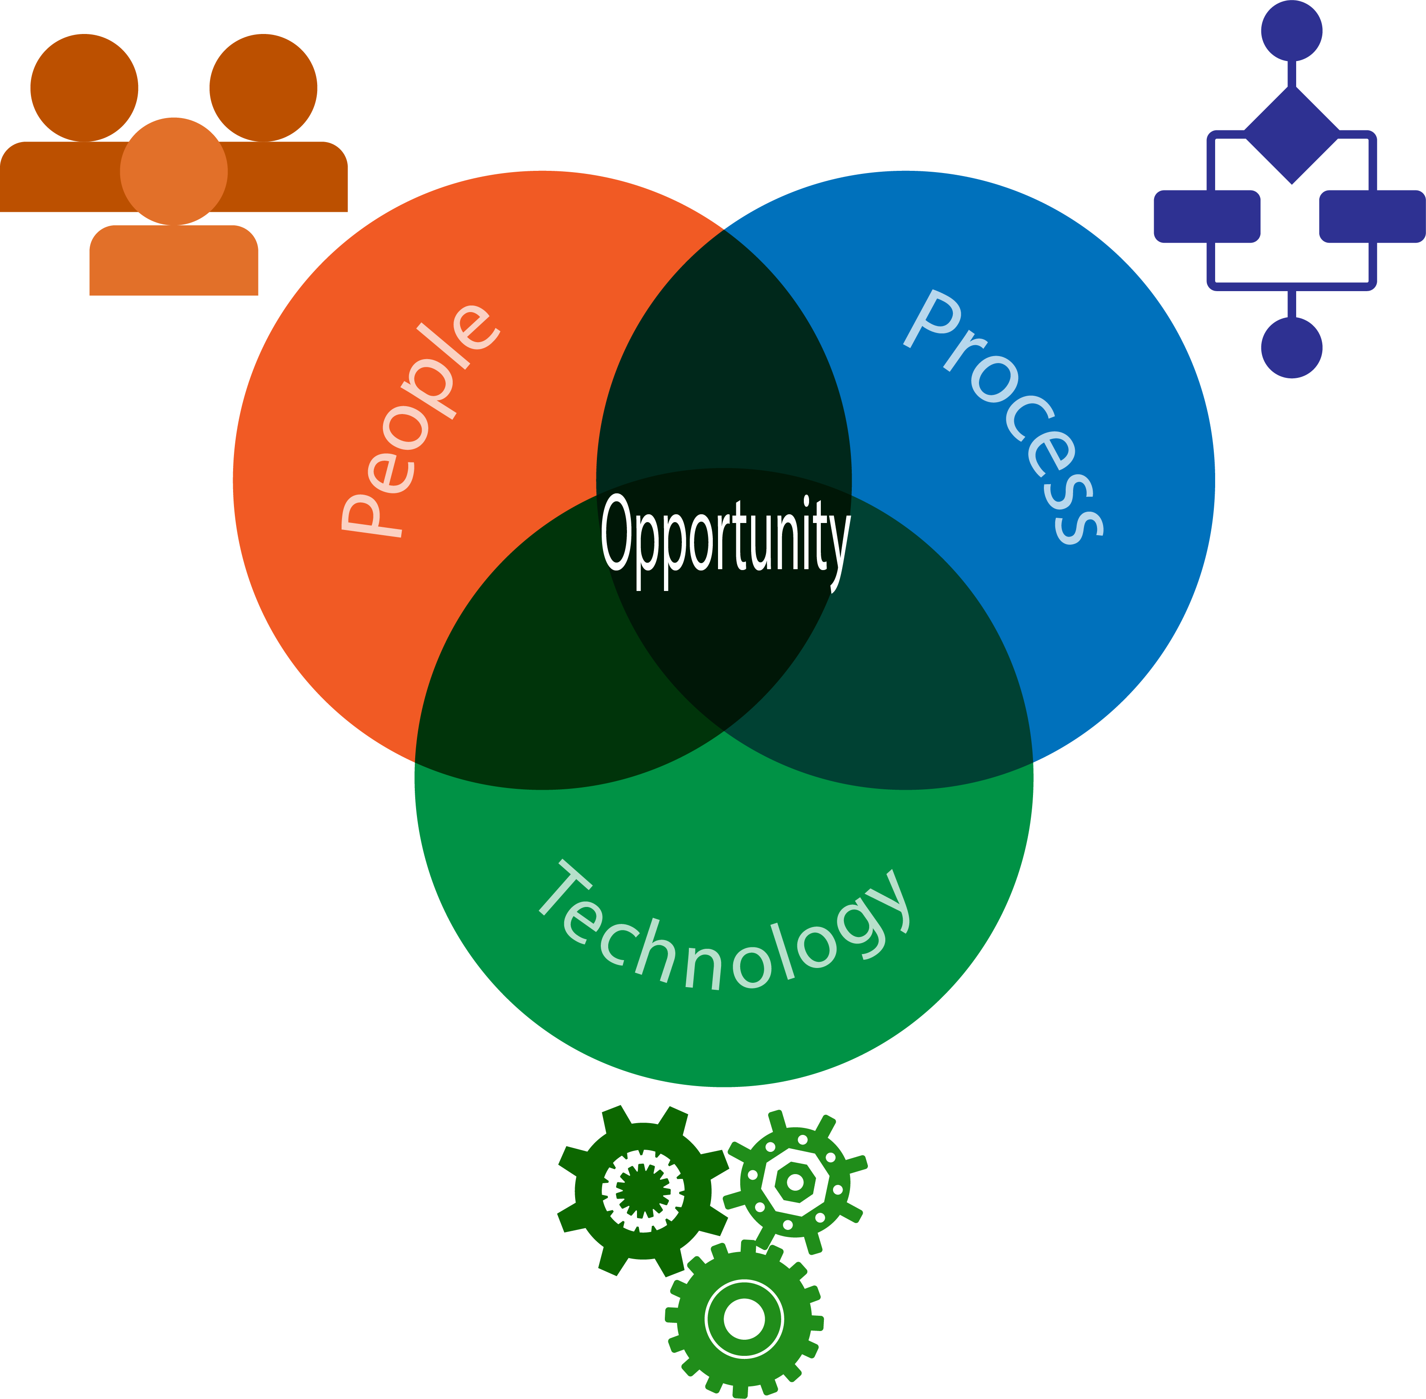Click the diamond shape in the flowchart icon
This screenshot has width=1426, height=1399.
1291,135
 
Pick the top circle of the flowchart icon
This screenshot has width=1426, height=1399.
1291,31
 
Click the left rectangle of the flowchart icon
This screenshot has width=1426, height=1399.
1207,216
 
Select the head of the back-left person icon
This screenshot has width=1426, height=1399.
84,87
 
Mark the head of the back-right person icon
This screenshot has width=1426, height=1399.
263,87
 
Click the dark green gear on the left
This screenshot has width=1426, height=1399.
642,1190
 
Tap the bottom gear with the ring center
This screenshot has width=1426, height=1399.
744,1318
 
